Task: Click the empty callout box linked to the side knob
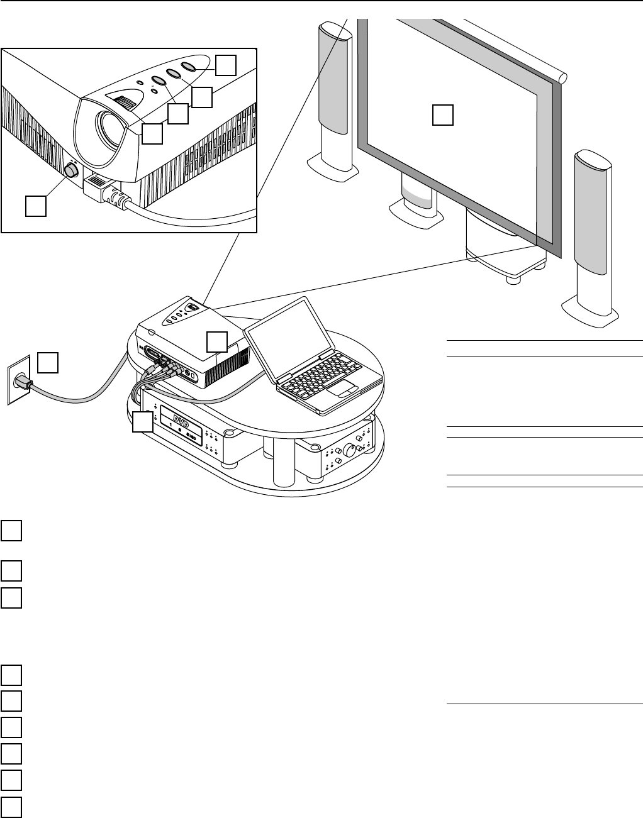pos(36,206)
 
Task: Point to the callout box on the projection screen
pos(443,116)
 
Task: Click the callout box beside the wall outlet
pos(48,363)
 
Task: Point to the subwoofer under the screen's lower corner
pos(497,245)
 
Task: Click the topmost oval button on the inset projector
pos(189,65)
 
